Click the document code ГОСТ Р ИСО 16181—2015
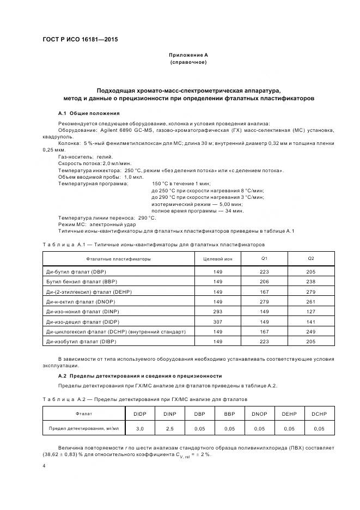(80, 40)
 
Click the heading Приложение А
(188, 55)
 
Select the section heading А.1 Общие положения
(89, 113)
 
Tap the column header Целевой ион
(217, 258)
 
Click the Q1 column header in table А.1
(264, 258)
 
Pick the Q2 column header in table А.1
(311, 258)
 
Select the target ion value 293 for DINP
(217, 311)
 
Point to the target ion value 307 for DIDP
(217, 321)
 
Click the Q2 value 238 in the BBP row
(311, 282)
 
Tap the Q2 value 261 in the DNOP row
(311, 301)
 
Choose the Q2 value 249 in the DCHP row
(311, 331)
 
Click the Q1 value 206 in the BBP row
(264, 282)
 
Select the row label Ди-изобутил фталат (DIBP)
(82, 341)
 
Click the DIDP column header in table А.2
(140, 414)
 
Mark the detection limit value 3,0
(140, 429)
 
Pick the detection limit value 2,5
(170, 429)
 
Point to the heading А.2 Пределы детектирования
(140, 375)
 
